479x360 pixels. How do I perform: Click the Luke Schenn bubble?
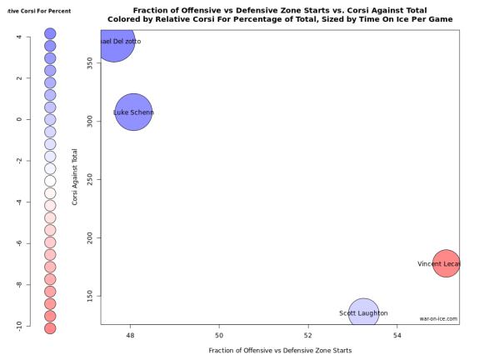tap(133, 112)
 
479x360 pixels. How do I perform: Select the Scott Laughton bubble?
tap(363, 313)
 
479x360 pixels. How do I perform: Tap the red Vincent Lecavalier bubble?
tap(447, 264)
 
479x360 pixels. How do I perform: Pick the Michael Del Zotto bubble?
tap(114, 42)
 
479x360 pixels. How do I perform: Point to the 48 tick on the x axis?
tap(131, 335)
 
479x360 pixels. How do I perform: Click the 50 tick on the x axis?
tap(220, 335)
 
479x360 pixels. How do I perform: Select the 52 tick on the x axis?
tap(308, 335)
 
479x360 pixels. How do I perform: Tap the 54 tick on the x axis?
tap(397, 335)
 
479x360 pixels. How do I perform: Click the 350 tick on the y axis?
tap(89, 62)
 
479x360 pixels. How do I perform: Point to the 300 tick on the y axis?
tap(89, 121)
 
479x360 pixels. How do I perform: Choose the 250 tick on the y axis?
tap(89, 179)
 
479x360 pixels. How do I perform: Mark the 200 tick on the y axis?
tap(89, 237)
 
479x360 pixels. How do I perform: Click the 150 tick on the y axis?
tap(89, 296)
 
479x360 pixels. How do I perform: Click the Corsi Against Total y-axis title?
tap(75, 177)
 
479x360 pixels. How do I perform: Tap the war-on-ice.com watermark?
tap(438, 318)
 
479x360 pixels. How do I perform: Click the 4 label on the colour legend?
tap(18, 37)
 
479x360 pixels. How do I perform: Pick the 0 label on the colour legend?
tap(18, 119)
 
